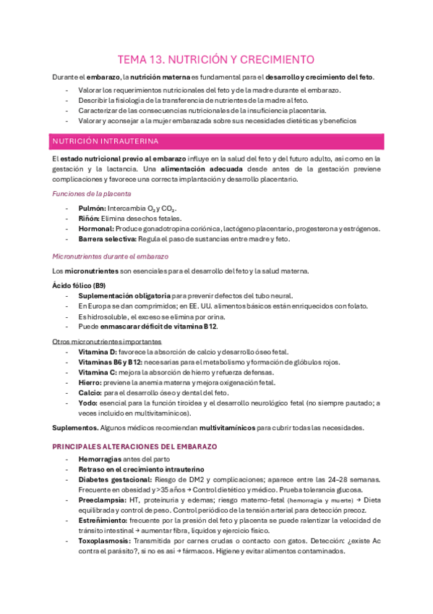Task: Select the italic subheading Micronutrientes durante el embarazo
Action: (110, 256)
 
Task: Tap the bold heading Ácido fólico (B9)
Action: (80, 286)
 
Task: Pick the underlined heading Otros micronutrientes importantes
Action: (107, 341)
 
